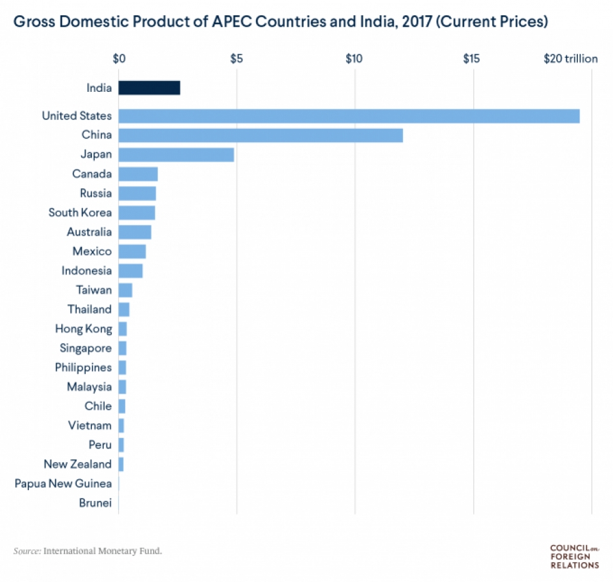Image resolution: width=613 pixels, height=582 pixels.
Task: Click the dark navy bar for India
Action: pyautogui.click(x=149, y=88)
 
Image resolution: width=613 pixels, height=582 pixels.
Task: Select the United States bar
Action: pyautogui.click(x=349, y=116)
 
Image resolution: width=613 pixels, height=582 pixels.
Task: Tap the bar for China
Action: pyautogui.click(x=261, y=135)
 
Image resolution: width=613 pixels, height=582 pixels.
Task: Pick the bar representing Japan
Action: pyautogui.click(x=176, y=154)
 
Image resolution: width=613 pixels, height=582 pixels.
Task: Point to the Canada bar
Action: pyautogui.click(x=138, y=174)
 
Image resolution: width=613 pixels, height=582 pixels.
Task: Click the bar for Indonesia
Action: pyautogui.click(x=130, y=271)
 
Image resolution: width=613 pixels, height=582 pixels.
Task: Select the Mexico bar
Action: pyautogui.click(x=132, y=251)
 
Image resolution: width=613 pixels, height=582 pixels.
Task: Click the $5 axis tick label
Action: pyautogui.click(x=236, y=59)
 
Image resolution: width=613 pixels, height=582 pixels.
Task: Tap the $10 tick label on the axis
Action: pyautogui.click(x=354, y=59)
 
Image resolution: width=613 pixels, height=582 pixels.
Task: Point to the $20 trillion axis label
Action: pyautogui.click(x=570, y=59)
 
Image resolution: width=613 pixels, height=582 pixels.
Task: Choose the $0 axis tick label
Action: pyautogui.click(x=119, y=59)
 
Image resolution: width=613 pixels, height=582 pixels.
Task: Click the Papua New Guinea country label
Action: pyautogui.click(x=63, y=484)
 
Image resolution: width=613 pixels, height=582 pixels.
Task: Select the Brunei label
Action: pyautogui.click(x=95, y=503)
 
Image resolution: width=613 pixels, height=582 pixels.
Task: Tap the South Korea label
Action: pyautogui.click(x=80, y=213)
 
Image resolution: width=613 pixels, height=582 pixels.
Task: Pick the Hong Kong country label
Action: pyautogui.click(x=83, y=329)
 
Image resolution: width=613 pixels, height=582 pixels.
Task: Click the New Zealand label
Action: pyautogui.click(x=77, y=464)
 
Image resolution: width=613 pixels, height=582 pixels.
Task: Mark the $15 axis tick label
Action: pyautogui.click(x=471, y=59)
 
